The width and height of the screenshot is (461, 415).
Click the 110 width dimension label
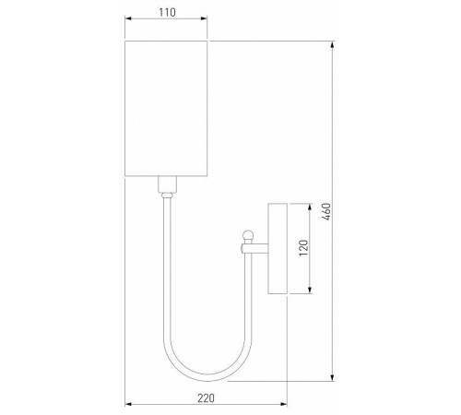166,16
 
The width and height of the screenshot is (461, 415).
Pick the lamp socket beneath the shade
166,187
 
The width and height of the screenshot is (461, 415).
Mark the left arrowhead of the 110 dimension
127,27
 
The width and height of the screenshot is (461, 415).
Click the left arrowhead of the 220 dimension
127,406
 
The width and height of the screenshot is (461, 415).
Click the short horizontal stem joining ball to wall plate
258,247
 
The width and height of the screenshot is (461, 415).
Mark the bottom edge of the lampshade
166,174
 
